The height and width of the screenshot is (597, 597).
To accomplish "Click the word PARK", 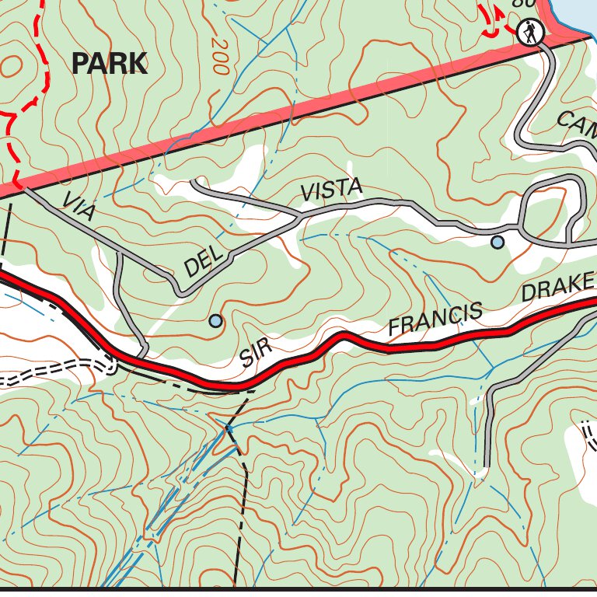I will pos(109,63).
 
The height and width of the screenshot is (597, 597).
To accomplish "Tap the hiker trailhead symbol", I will pos(529,33).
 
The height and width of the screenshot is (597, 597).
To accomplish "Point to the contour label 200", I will pos(219,57).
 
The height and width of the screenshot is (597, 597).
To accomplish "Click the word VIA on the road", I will pos(78,208).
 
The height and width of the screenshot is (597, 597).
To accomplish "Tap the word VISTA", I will pos(332,190).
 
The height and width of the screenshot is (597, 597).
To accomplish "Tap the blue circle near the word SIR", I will pos(216,320).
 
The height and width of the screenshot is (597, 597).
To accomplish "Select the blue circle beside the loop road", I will pos(497,243).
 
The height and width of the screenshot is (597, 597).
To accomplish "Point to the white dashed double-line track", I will pos(47,373).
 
